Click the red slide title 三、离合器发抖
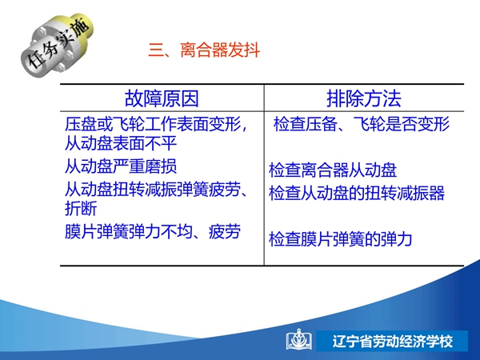[x=204, y=50]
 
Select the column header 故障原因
[x=162, y=98]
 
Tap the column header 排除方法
[x=364, y=98]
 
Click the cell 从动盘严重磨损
[x=121, y=166]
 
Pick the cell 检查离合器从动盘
[x=333, y=170]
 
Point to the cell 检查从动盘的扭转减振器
[x=357, y=193]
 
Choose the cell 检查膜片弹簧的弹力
[x=341, y=239]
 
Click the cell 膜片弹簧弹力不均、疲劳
[x=153, y=231]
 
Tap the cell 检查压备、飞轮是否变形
[x=362, y=124]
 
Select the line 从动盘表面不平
[x=121, y=143]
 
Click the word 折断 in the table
[x=81, y=209]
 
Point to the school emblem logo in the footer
[x=299, y=339]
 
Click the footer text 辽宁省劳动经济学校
[x=393, y=342]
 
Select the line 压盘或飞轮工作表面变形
[x=153, y=124]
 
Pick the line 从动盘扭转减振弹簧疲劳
[x=153, y=189]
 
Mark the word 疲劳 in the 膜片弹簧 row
[x=225, y=231]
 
